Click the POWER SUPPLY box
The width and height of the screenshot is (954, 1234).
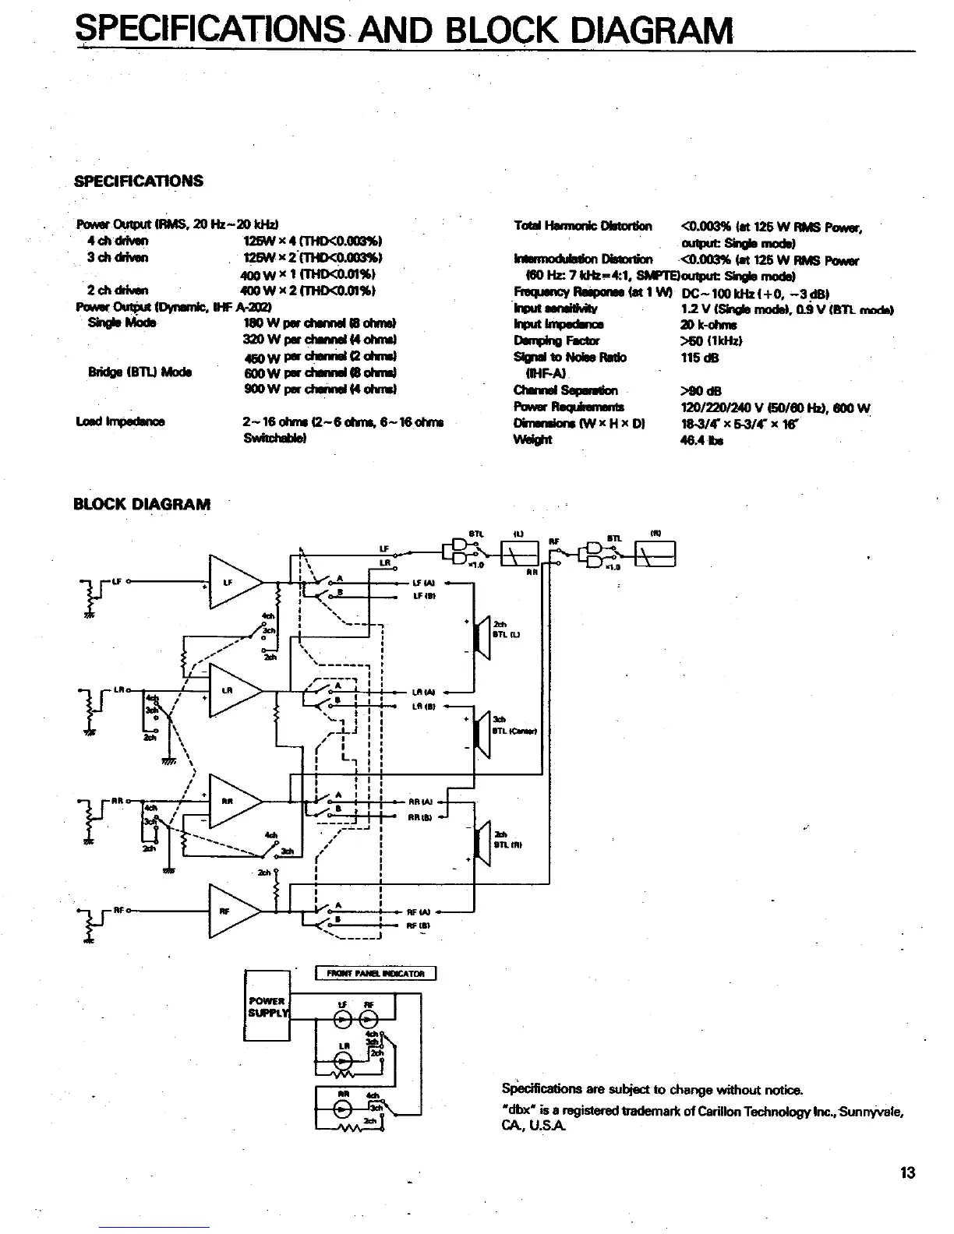[x=267, y=1005]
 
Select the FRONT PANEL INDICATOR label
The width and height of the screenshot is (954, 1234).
[x=376, y=973]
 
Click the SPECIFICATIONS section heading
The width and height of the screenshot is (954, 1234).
[x=138, y=182]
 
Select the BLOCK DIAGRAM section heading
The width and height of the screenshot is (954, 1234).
[x=141, y=504]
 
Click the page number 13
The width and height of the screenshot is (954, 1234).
[x=907, y=1172]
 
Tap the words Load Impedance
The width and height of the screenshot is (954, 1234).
[x=120, y=422]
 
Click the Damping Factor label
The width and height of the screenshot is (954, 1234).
[x=556, y=340]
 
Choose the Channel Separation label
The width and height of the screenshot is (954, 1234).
[x=565, y=390]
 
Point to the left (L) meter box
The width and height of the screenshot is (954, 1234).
[x=518, y=555]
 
